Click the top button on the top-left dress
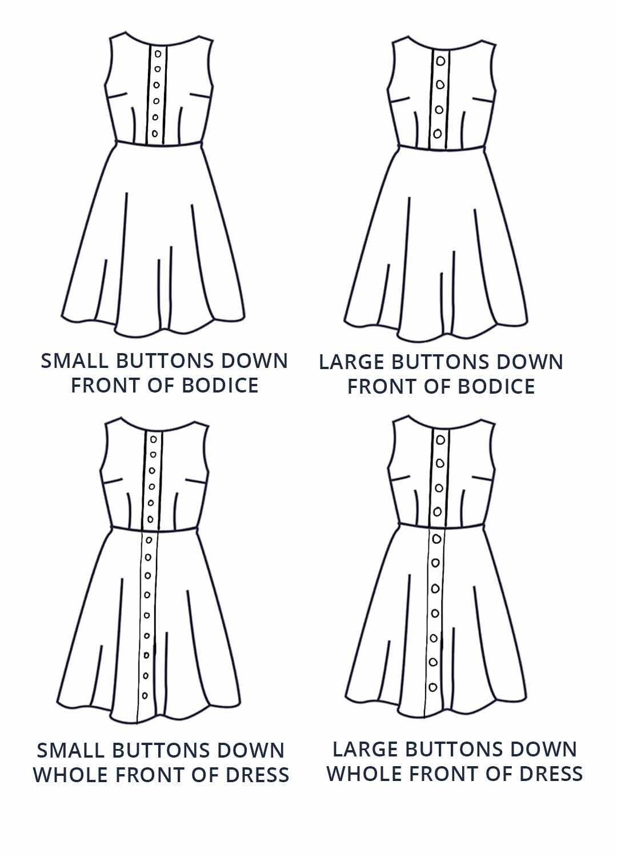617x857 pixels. coord(158,54)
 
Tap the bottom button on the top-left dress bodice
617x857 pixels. coord(155,134)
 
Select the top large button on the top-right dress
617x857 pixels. coord(441,61)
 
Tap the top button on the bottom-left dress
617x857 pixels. coord(153,439)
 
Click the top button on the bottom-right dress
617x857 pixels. coord(440,440)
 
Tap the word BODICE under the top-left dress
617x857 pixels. coord(220,386)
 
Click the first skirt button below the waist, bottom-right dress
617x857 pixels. coord(436,539)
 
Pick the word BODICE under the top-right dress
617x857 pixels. coord(496,386)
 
